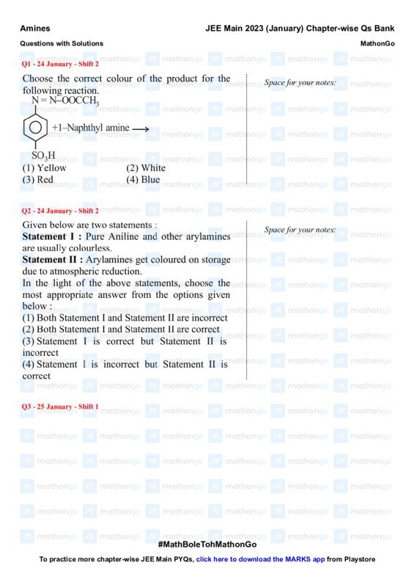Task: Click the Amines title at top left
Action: (x=35, y=28)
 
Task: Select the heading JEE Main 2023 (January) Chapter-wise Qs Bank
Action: (x=300, y=28)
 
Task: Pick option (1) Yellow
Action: (x=44, y=168)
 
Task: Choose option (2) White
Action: (x=146, y=168)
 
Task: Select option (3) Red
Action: (x=37, y=179)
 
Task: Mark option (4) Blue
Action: (x=143, y=179)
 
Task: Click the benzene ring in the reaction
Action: (x=35, y=128)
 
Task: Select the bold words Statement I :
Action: (x=52, y=237)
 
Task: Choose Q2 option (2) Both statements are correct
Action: (x=121, y=329)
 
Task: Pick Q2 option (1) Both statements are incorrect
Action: (x=125, y=318)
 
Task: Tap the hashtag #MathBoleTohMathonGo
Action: (x=207, y=544)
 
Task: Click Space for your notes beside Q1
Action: (x=300, y=82)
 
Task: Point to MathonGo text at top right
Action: (x=377, y=44)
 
